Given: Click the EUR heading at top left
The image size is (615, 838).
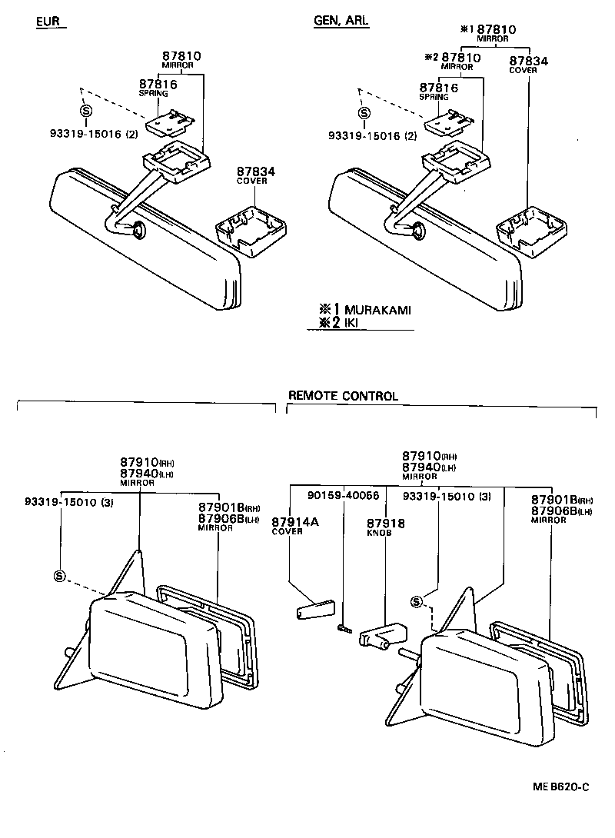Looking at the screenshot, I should tap(48, 22).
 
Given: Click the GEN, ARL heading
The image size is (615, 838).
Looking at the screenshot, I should tap(341, 22).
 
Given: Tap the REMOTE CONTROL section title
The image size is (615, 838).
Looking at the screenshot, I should tap(343, 396).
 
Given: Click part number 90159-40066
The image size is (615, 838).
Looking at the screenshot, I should tap(343, 496).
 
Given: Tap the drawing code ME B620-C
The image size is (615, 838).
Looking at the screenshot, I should tap(560, 786).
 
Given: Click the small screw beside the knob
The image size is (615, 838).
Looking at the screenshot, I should tap(344, 630).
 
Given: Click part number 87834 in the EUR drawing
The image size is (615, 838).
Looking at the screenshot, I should tap(255, 171).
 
